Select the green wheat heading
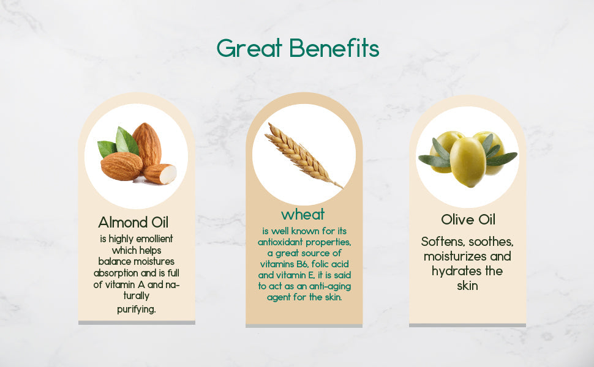(303, 215)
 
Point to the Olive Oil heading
(468, 220)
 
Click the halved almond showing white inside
(161, 174)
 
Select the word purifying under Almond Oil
(136, 309)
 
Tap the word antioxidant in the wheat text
(284, 242)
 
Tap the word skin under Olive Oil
(467, 286)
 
